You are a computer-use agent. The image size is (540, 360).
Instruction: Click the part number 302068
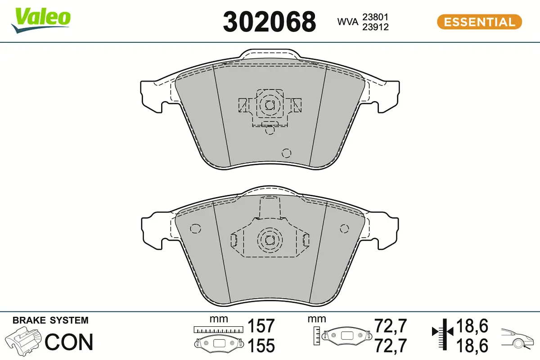coord(269,21)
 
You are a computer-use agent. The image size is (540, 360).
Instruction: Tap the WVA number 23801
coord(375,17)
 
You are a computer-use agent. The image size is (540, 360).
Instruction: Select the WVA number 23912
coord(375,27)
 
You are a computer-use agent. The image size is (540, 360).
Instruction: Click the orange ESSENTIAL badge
coord(479,22)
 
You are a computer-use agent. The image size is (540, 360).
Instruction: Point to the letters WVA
coord(348,22)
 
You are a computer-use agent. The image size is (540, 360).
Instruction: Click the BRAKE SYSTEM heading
coord(50,320)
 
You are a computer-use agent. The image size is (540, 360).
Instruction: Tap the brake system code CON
coord(69,342)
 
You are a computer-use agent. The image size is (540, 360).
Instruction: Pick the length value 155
coord(261,346)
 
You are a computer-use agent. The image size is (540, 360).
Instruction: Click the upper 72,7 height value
coord(391,325)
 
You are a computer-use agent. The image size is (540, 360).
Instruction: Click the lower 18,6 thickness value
coord(472,346)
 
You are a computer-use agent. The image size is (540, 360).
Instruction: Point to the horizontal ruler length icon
coord(218,329)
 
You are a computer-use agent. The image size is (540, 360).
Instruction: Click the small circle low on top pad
coord(287,153)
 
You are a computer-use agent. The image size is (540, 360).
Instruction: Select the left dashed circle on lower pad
coord(195,229)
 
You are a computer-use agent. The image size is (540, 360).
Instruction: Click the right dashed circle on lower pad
coord(344,229)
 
